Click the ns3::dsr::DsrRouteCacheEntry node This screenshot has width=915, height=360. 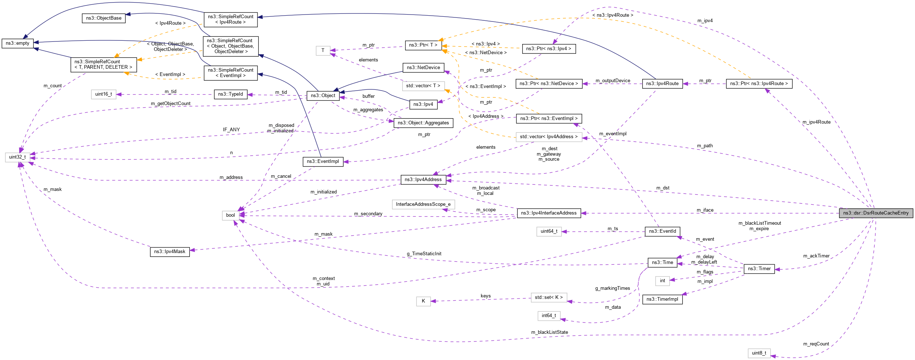coord(876,213)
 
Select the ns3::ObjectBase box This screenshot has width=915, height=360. coord(104,18)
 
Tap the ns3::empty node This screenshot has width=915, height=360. coord(17,43)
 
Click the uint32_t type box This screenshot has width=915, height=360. coord(17,157)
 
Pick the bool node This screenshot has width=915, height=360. coord(230,215)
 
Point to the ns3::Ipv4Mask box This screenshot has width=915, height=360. coord(169,252)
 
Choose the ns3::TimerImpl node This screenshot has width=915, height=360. coord(662,299)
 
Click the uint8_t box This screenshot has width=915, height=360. coord(759,353)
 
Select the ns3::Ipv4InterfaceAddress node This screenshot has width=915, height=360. coord(548,213)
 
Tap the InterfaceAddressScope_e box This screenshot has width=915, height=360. coord(423,204)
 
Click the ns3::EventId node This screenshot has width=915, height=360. coord(662,231)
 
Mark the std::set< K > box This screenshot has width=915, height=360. coord(548,297)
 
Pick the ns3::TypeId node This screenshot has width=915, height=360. coord(230,94)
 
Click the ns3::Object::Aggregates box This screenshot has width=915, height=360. coord(423,123)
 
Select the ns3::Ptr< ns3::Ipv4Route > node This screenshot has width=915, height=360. coord(759,84)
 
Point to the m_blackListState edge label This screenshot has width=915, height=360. coord(549,332)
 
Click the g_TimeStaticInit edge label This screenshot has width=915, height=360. coord(424,254)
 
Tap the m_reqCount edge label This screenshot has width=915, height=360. coord(816,344)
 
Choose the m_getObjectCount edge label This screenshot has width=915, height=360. coord(171,104)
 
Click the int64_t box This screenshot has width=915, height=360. coord(548,316)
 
